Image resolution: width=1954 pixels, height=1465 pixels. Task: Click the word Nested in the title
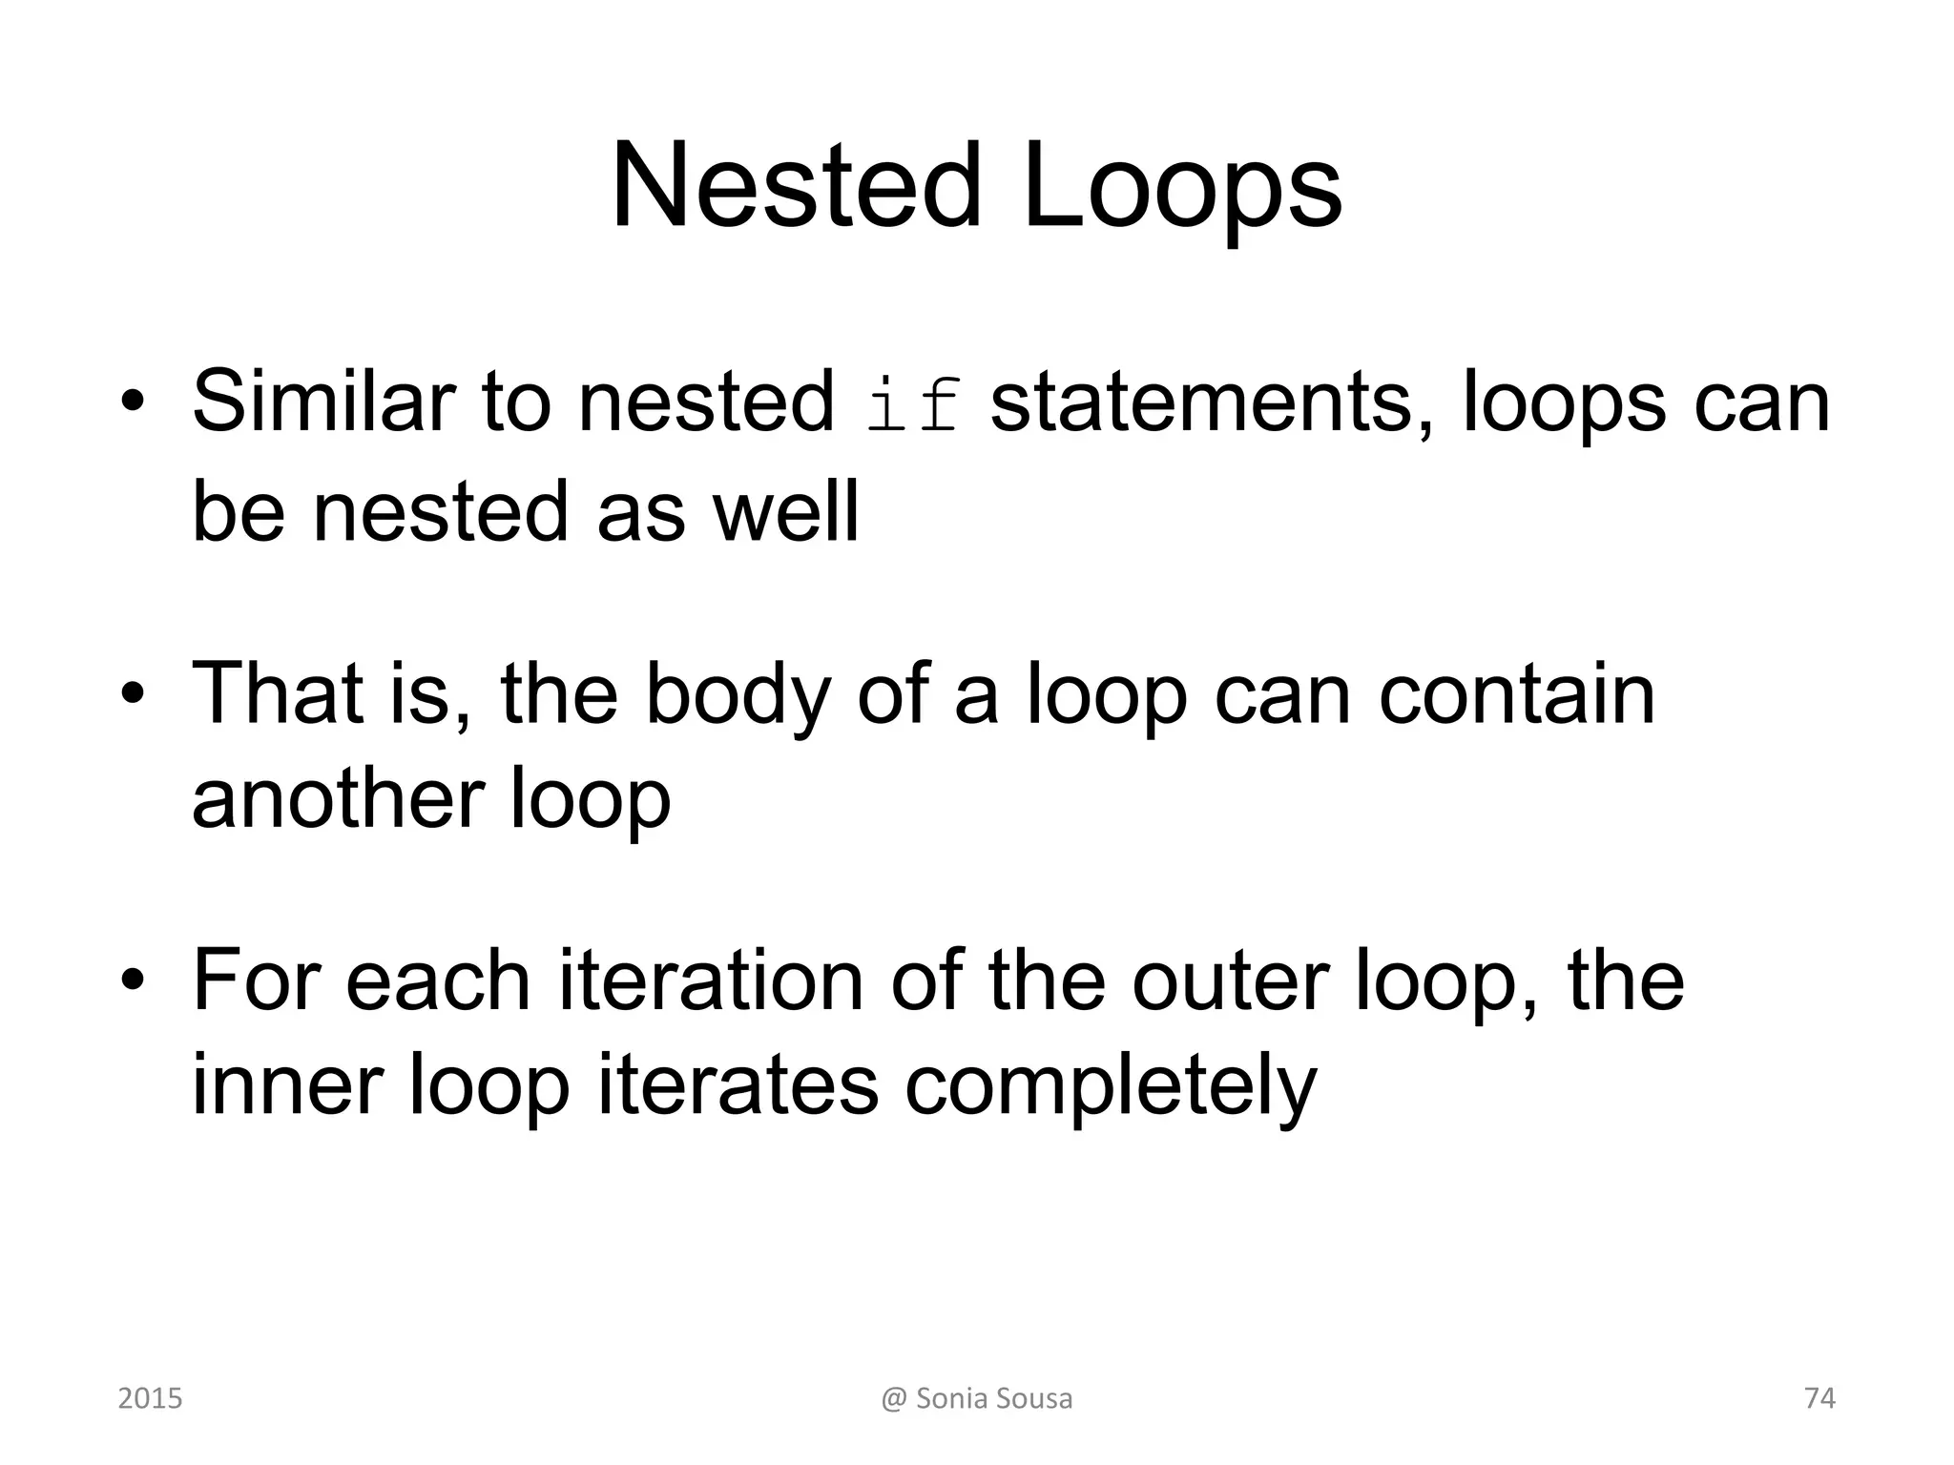(x=797, y=186)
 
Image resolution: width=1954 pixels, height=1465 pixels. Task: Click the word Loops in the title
(x=1182, y=186)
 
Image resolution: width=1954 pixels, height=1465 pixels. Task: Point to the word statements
(x=1212, y=402)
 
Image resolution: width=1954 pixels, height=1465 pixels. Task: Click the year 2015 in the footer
(x=150, y=1398)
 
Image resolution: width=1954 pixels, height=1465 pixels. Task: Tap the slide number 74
(x=1819, y=1398)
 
